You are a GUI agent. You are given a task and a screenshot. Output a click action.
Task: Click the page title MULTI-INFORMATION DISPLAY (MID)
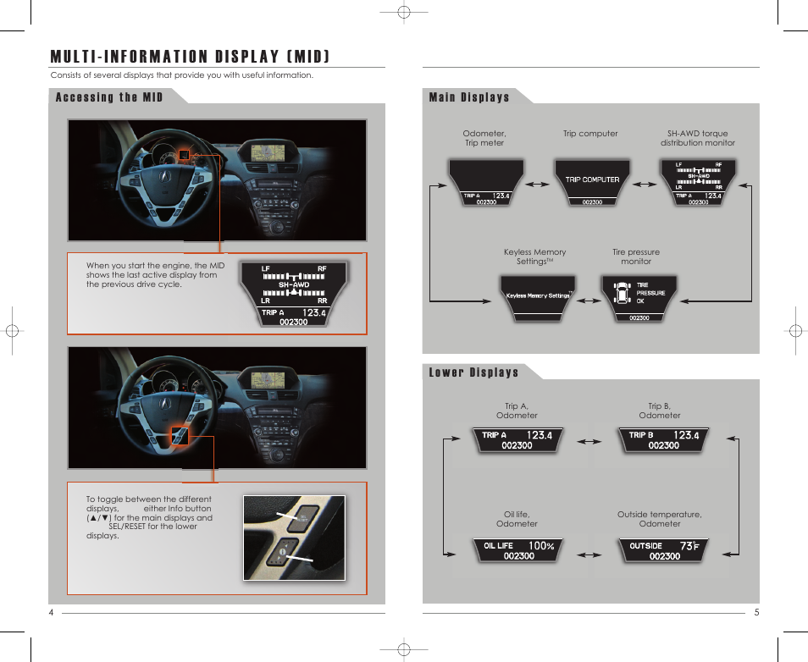click(190, 57)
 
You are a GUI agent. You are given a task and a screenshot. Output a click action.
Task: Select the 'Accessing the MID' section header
click(109, 97)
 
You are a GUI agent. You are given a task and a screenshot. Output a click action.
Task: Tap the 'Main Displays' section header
click(469, 97)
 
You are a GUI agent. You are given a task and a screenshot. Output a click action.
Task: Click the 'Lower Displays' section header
click(473, 372)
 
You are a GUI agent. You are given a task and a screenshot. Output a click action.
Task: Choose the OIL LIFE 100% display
click(517, 550)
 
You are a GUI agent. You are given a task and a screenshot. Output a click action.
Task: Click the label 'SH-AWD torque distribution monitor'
click(697, 138)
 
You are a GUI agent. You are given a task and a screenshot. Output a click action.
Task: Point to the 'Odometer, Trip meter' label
click(484, 138)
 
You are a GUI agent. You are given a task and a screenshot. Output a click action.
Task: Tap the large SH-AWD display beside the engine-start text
click(294, 295)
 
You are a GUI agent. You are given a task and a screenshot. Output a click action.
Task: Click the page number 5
click(756, 613)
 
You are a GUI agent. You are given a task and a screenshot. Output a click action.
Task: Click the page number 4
click(51, 613)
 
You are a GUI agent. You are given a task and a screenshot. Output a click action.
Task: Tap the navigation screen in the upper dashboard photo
click(270, 154)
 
